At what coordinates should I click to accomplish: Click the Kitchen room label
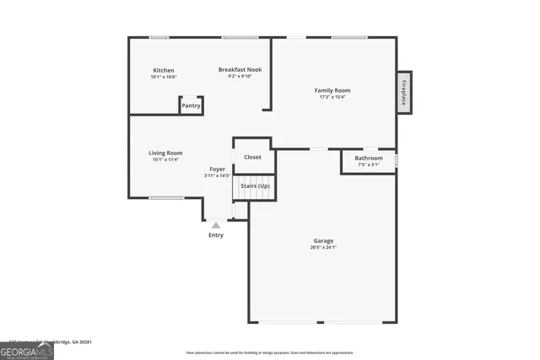click(x=164, y=70)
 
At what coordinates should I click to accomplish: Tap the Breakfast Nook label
click(x=240, y=70)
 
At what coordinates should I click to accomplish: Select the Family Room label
click(x=332, y=90)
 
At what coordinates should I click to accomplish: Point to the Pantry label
click(x=192, y=105)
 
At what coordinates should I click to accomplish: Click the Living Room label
click(x=165, y=153)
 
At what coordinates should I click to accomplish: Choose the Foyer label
click(x=217, y=169)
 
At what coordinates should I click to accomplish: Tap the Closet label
click(x=252, y=157)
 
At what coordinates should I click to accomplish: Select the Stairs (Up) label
click(x=255, y=185)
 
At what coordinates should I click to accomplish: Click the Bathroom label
click(x=369, y=158)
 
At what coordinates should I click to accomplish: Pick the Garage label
click(x=324, y=241)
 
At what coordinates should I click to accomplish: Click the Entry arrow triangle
click(x=216, y=225)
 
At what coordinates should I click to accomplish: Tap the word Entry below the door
click(x=216, y=235)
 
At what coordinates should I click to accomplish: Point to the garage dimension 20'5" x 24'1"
click(x=324, y=248)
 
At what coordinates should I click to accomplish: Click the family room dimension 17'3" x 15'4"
click(x=332, y=97)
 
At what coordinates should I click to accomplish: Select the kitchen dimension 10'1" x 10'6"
click(x=164, y=77)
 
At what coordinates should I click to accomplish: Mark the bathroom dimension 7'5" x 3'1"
click(x=369, y=164)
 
